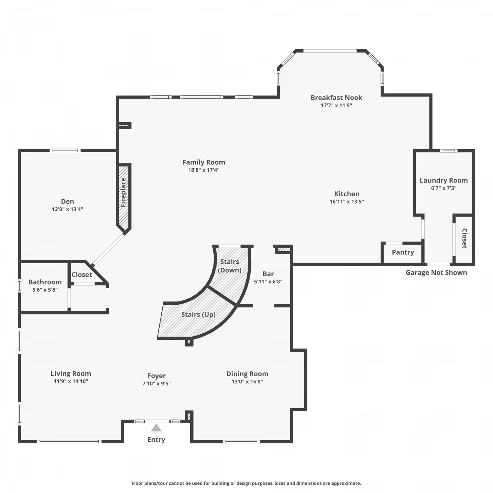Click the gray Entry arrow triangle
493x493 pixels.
(156, 428)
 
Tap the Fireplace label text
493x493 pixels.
(123, 192)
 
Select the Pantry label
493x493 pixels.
(403, 252)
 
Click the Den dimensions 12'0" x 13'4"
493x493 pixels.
(67, 209)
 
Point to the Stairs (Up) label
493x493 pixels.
(199, 315)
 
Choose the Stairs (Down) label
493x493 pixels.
(230, 266)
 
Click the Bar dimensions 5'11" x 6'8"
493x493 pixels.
(268, 281)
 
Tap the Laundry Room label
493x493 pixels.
(444, 180)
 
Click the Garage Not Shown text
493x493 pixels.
(436, 272)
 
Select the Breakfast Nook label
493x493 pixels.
(337, 98)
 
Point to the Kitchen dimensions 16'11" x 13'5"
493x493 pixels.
(347, 201)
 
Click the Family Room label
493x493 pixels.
(204, 162)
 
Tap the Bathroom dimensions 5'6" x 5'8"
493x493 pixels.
(45, 290)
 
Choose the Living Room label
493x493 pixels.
(71, 373)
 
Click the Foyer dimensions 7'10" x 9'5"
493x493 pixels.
(156, 383)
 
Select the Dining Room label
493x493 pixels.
(247, 374)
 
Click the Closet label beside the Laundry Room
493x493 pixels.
(464, 239)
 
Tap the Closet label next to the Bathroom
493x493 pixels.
(82, 274)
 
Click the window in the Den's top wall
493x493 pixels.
(65, 151)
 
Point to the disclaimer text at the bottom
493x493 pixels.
(246, 483)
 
